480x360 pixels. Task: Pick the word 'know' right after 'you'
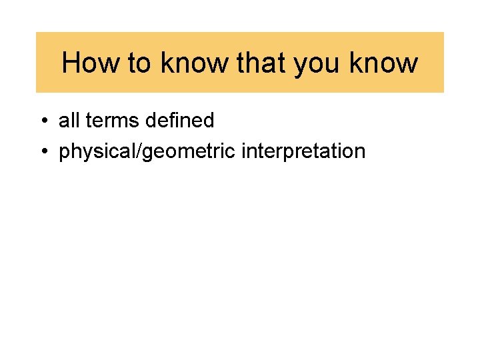[385, 63]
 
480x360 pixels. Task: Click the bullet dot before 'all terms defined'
[43, 121]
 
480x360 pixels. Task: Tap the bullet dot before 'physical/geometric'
[43, 152]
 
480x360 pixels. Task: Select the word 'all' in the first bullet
[69, 121]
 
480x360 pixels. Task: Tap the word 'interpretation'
[303, 152]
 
